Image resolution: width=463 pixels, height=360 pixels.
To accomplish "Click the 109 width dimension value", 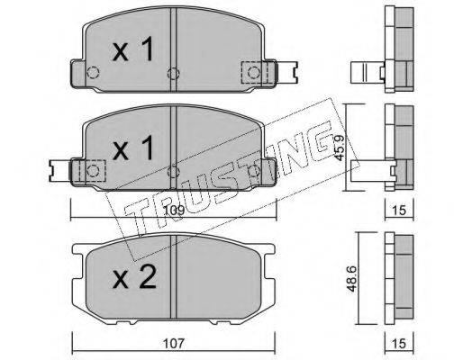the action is click(x=174, y=211).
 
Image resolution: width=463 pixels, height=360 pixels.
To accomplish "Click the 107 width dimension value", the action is click(x=174, y=343).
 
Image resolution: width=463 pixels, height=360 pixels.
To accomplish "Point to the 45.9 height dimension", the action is click(x=340, y=148).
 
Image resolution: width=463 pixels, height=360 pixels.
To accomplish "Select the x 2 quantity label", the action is click(x=134, y=277).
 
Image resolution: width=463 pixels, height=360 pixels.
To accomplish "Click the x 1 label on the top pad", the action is click(x=132, y=49).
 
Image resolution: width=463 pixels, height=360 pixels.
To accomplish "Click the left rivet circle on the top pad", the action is click(x=93, y=72).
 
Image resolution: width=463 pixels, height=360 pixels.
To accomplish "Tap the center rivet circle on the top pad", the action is click(x=174, y=73).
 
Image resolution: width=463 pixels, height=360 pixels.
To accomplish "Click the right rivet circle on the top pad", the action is click(x=254, y=72).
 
